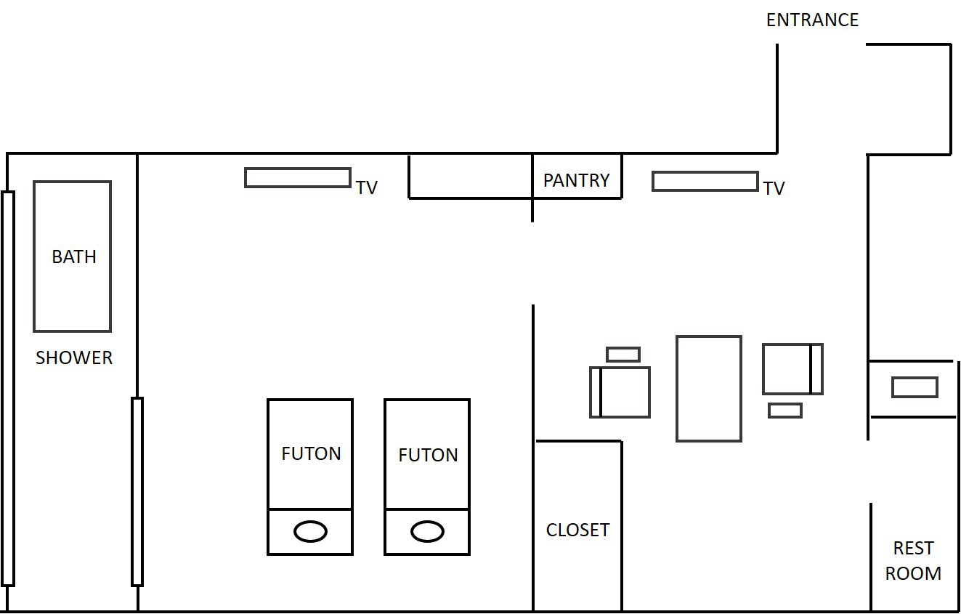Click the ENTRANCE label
click(812, 20)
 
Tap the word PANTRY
click(576, 180)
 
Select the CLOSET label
click(577, 530)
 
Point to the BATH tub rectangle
click(72, 256)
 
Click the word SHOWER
click(74, 358)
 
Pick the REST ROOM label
click(913, 560)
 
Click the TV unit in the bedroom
click(298, 177)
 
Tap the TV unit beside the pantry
click(705, 181)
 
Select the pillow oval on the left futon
click(310, 531)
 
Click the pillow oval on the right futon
click(427, 531)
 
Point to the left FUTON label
click(311, 453)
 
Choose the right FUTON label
click(428, 455)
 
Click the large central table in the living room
click(709, 388)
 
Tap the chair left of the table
click(620, 392)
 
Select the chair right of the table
click(792, 369)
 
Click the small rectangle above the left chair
click(623, 355)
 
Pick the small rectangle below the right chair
click(785, 411)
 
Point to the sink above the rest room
click(915, 387)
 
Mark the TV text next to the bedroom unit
click(367, 187)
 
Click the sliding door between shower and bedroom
click(137, 491)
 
